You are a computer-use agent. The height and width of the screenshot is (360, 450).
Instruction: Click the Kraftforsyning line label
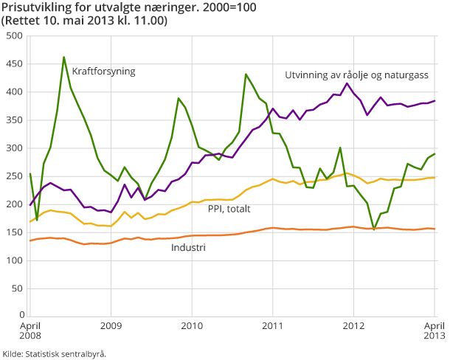coord(104,72)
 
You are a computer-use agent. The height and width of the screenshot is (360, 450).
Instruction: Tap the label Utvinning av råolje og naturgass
coord(356,75)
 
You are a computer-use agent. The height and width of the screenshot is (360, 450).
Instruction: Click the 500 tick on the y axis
coord(14,36)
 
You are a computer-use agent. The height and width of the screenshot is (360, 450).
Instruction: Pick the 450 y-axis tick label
coord(14,64)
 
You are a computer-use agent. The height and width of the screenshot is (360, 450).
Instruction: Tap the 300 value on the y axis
coord(14,148)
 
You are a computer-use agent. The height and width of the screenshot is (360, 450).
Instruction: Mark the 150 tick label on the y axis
coord(14,232)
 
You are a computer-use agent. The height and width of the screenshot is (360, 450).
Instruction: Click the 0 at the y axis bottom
coord(20,316)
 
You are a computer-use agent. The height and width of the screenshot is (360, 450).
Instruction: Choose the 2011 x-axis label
coord(273,325)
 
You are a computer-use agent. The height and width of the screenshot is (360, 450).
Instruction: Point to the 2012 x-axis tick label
coord(354,325)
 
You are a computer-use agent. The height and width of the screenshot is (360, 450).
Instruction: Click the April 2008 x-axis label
coord(30,330)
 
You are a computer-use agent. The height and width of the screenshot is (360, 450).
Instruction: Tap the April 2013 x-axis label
coord(434,330)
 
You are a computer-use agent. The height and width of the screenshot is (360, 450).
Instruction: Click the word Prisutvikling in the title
coord(32,8)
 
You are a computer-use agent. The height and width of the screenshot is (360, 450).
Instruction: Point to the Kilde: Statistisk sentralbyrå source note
coord(55,353)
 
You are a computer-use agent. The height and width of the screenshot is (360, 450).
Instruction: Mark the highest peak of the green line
coord(64,57)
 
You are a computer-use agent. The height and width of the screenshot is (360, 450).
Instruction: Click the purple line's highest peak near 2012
coord(347,83)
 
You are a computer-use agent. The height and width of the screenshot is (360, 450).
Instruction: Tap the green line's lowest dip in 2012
coord(374,229)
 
